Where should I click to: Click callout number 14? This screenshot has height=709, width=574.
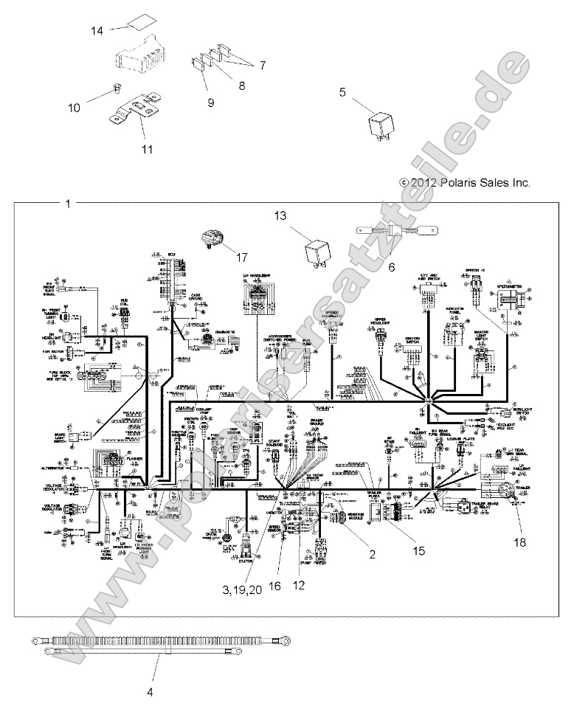pyautogui.click(x=97, y=30)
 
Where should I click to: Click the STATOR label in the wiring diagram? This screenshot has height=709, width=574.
pyautogui.click(x=246, y=561)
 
